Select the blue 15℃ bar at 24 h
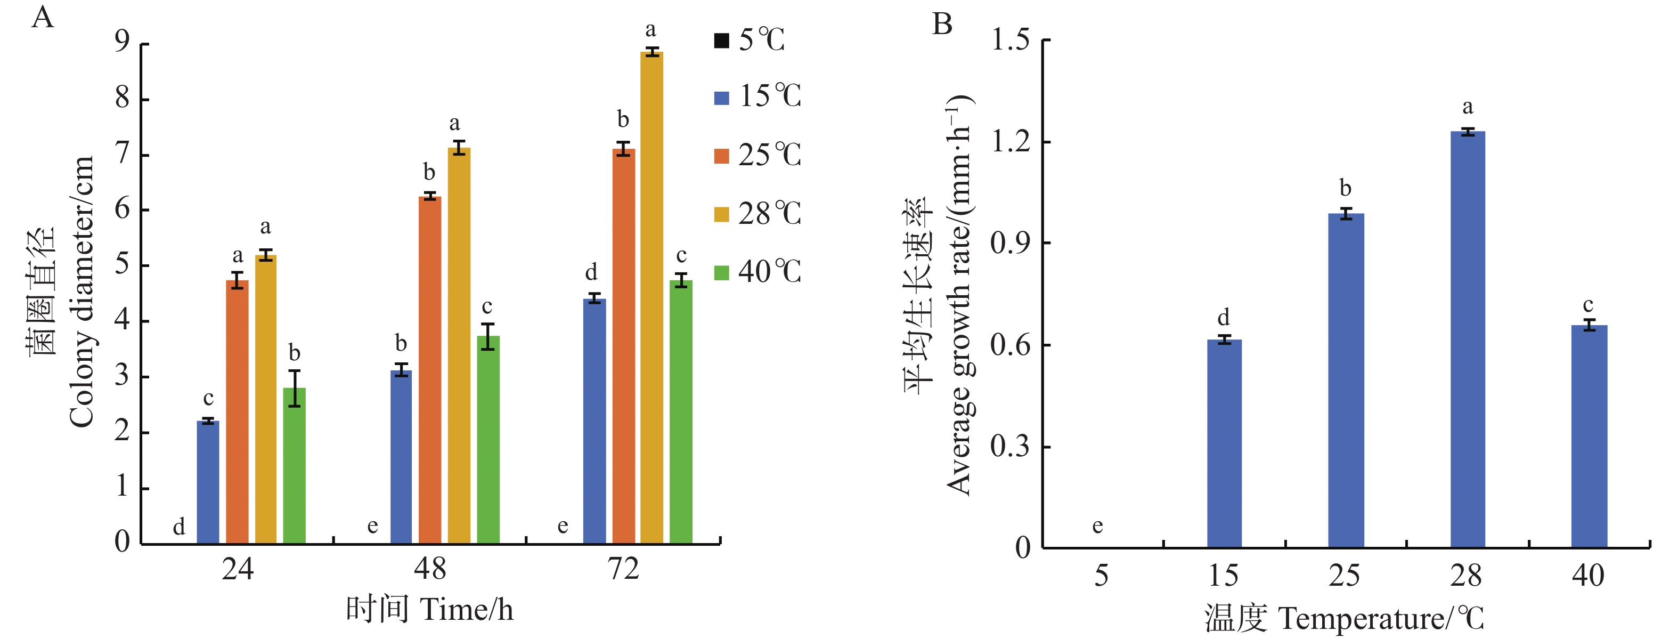pyautogui.click(x=208, y=482)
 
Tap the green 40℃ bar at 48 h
pyautogui.click(x=488, y=440)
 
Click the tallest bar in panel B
pyautogui.click(x=1468, y=339)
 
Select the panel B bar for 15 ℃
pyautogui.click(x=1224, y=443)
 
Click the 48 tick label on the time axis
pyautogui.click(x=430, y=569)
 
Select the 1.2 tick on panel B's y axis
pyautogui.click(x=1011, y=141)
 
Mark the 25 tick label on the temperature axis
pyautogui.click(x=1345, y=576)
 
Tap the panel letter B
pyautogui.click(x=942, y=24)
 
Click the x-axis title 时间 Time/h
pyautogui.click(x=429, y=610)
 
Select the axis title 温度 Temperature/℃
pyautogui.click(x=1345, y=618)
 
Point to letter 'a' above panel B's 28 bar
pyautogui.click(x=1468, y=107)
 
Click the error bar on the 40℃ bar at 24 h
pyautogui.click(x=295, y=388)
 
